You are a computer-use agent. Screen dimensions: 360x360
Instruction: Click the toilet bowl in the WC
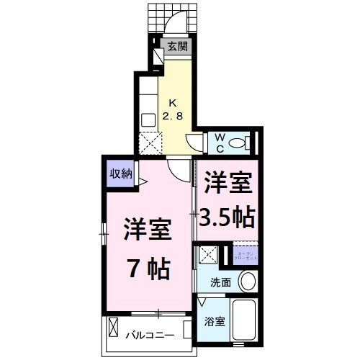click(x=241, y=141)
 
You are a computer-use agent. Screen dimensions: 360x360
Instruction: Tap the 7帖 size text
click(x=149, y=269)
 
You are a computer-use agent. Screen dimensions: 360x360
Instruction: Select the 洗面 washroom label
click(x=221, y=282)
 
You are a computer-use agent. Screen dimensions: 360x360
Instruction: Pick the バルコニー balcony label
click(x=149, y=335)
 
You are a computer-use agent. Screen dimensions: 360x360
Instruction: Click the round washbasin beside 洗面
click(x=248, y=281)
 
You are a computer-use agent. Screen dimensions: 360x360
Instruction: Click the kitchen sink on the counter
click(x=148, y=120)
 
